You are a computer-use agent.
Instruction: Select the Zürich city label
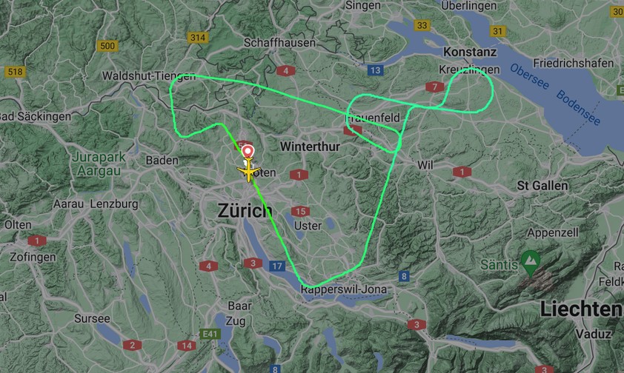pyautogui.click(x=245, y=210)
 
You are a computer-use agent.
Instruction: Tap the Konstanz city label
pyautogui.click(x=470, y=53)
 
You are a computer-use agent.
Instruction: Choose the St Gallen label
pyautogui.click(x=543, y=184)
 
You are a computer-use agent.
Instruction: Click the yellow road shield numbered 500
pyautogui.click(x=107, y=46)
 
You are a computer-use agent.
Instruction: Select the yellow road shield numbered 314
pyautogui.click(x=197, y=38)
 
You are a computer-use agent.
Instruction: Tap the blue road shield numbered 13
pyautogui.click(x=376, y=70)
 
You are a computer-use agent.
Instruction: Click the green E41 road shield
pyautogui.click(x=210, y=335)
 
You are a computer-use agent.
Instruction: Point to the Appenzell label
pyautogui.click(x=551, y=232)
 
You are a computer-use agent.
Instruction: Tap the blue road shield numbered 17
pyautogui.click(x=277, y=266)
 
